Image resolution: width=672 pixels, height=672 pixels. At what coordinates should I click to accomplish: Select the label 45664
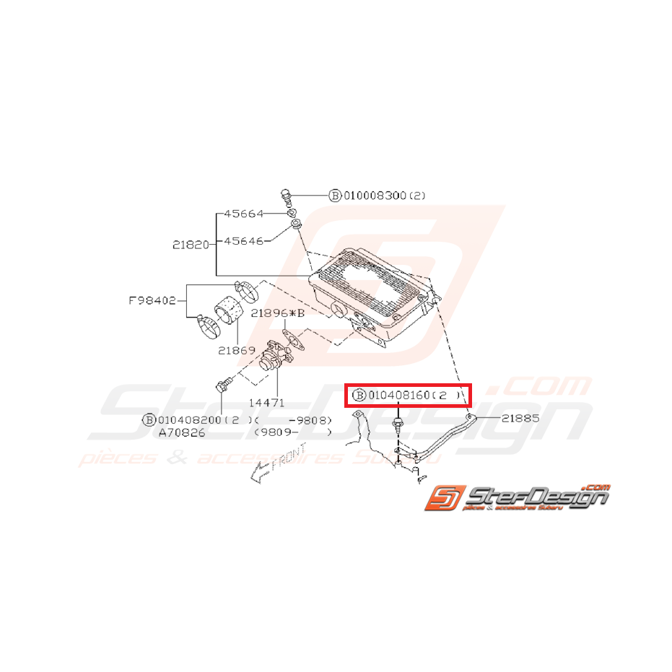pos(243,214)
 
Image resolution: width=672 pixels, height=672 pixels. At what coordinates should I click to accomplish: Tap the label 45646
pos(243,241)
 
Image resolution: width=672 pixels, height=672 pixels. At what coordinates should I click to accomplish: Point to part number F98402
pos(152,300)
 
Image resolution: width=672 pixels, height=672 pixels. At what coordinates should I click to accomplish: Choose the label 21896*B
pos(278,313)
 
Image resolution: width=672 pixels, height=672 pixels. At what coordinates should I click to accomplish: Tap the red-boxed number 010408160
pos(399,396)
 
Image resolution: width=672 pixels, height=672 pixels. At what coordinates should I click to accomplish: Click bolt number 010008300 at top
pos(376,195)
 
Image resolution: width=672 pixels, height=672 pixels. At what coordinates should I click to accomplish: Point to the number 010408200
pos(190,420)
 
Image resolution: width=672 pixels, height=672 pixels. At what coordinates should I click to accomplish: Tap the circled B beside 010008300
pos(335,195)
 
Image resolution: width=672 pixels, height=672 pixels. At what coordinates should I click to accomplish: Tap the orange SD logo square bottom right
pos(442,498)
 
